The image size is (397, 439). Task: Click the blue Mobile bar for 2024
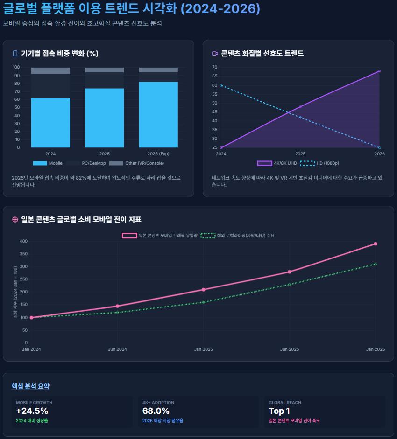[x=50, y=122]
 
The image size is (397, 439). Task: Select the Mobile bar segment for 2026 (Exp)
[x=158, y=114]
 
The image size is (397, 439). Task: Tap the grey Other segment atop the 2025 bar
[x=105, y=70]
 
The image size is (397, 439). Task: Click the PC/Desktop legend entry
[x=86, y=163]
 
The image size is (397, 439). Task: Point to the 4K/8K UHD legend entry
[x=277, y=163]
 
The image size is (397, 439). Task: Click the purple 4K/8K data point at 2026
[x=379, y=71]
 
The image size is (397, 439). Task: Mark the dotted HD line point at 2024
[x=221, y=85]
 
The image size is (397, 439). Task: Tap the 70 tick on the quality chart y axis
[x=214, y=67]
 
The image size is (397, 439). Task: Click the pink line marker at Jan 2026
[x=376, y=244]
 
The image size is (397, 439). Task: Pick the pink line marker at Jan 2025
[x=204, y=290]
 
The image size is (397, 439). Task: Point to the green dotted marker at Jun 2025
[x=290, y=284]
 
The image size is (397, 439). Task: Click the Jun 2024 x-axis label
[x=117, y=349]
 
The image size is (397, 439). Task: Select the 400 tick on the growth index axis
[x=23, y=241]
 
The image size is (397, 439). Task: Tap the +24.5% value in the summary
[x=32, y=411]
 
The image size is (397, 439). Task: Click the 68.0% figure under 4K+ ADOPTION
[x=156, y=411]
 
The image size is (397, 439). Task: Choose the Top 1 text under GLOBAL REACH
[x=279, y=411]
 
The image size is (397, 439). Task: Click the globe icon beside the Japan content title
[x=15, y=220]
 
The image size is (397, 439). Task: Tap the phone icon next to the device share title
[x=15, y=54]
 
